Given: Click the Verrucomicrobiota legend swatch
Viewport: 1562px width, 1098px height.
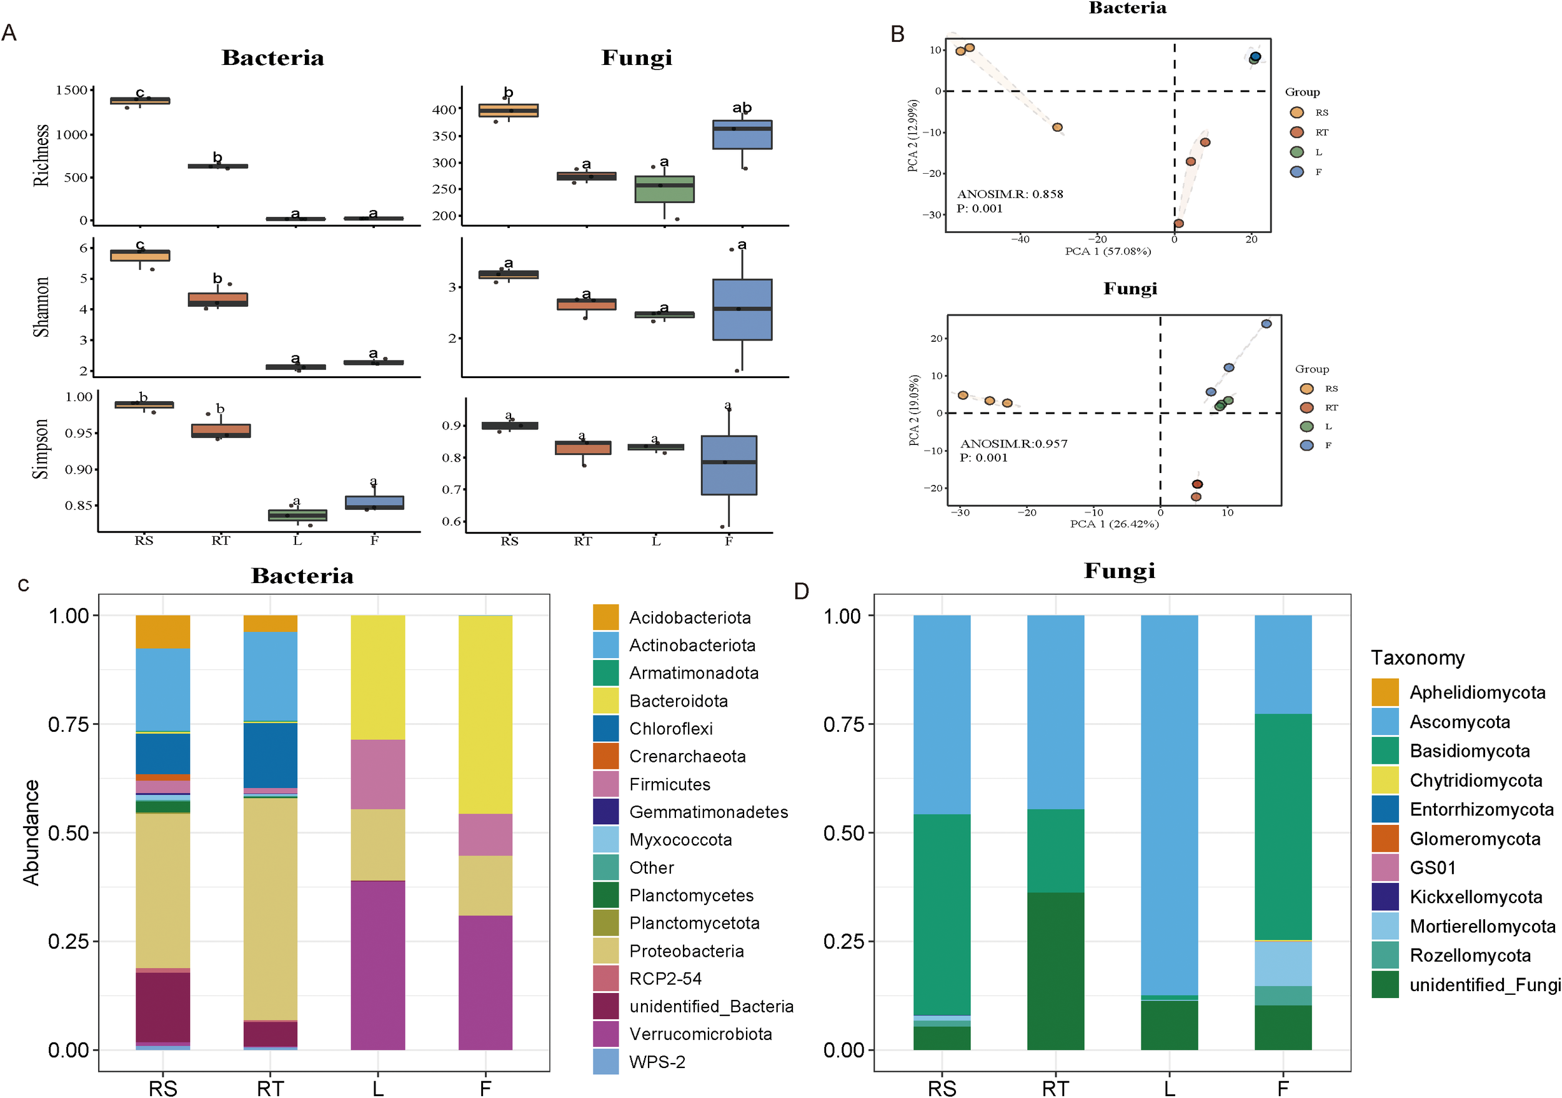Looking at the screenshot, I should pos(605,1034).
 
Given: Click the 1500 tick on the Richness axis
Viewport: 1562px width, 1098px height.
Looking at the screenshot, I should pos(71,90).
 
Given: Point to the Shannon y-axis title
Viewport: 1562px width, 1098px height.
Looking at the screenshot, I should pos(41,307).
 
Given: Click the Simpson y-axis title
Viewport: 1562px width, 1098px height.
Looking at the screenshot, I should pos(41,449).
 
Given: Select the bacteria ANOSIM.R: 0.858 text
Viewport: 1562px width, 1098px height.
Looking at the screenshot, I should pos(1010,194).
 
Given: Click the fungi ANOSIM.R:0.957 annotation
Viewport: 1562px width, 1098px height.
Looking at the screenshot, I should pos(1013,444).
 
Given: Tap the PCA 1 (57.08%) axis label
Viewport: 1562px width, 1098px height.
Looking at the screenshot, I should pos(1108,252).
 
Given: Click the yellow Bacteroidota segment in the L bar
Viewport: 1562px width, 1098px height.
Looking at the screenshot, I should pos(377,677).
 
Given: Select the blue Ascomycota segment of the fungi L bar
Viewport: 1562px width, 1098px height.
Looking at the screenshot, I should pos(1169,803).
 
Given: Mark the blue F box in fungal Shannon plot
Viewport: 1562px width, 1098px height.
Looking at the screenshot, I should pos(742,309).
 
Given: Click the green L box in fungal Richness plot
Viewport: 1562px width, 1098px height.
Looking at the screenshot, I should pos(664,189).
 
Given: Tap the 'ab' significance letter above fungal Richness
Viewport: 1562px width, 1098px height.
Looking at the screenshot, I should pos(742,107).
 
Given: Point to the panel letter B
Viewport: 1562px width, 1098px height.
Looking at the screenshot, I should pos(897,34).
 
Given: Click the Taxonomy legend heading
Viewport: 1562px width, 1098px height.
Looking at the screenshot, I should pos(1417,658).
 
